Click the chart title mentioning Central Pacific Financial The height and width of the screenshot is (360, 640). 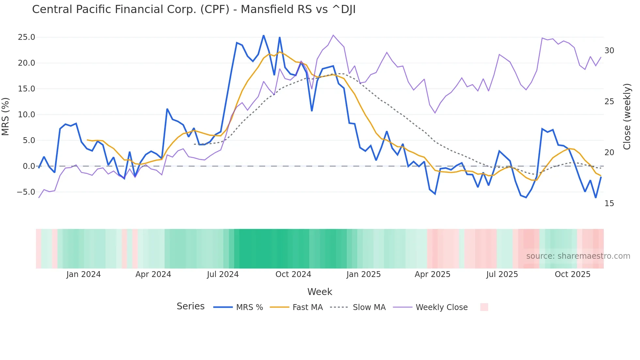pos(194,9)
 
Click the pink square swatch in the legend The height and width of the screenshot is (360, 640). pos(484,307)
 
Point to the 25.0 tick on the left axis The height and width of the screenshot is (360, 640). pos(26,37)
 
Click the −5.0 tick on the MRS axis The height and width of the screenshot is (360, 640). pos(26,192)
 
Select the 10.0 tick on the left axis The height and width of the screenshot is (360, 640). pos(26,115)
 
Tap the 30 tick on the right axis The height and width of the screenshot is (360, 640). pos(609,51)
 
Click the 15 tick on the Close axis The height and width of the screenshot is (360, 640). pos(609,204)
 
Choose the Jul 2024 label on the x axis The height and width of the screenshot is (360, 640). pos(223,274)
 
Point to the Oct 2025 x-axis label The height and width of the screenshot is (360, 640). pos(572,274)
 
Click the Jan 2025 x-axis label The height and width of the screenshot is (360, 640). pos(363,274)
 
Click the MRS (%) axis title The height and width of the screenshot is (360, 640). pos(6,116)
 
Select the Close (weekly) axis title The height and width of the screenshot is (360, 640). pos(627,116)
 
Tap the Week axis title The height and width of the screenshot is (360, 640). pos(320,292)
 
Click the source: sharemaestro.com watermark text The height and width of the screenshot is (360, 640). pos(578,256)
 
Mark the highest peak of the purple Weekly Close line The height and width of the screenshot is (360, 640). pos(333,35)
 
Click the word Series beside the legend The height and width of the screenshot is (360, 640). pos(190,306)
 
